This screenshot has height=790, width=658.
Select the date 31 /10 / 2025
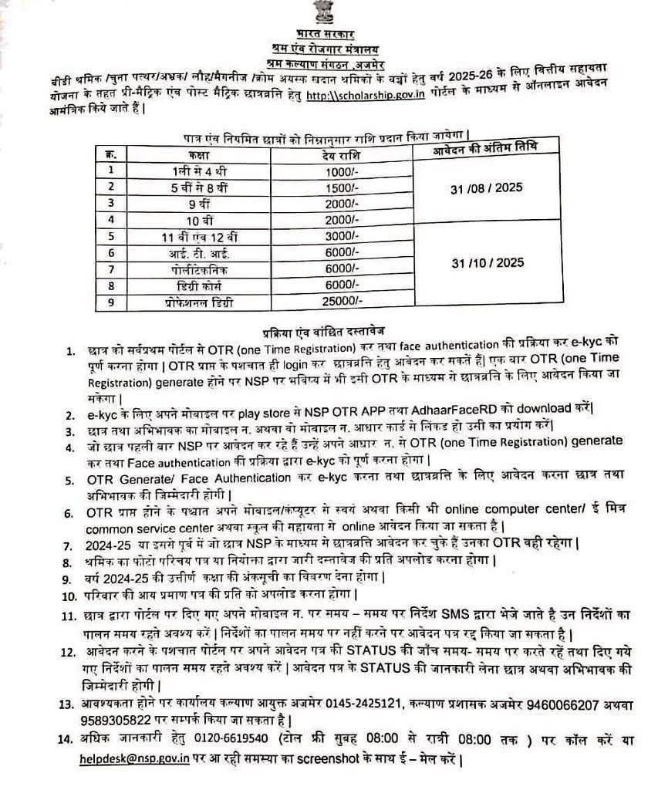click(487, 262)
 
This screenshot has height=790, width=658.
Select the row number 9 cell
click(112, 302)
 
